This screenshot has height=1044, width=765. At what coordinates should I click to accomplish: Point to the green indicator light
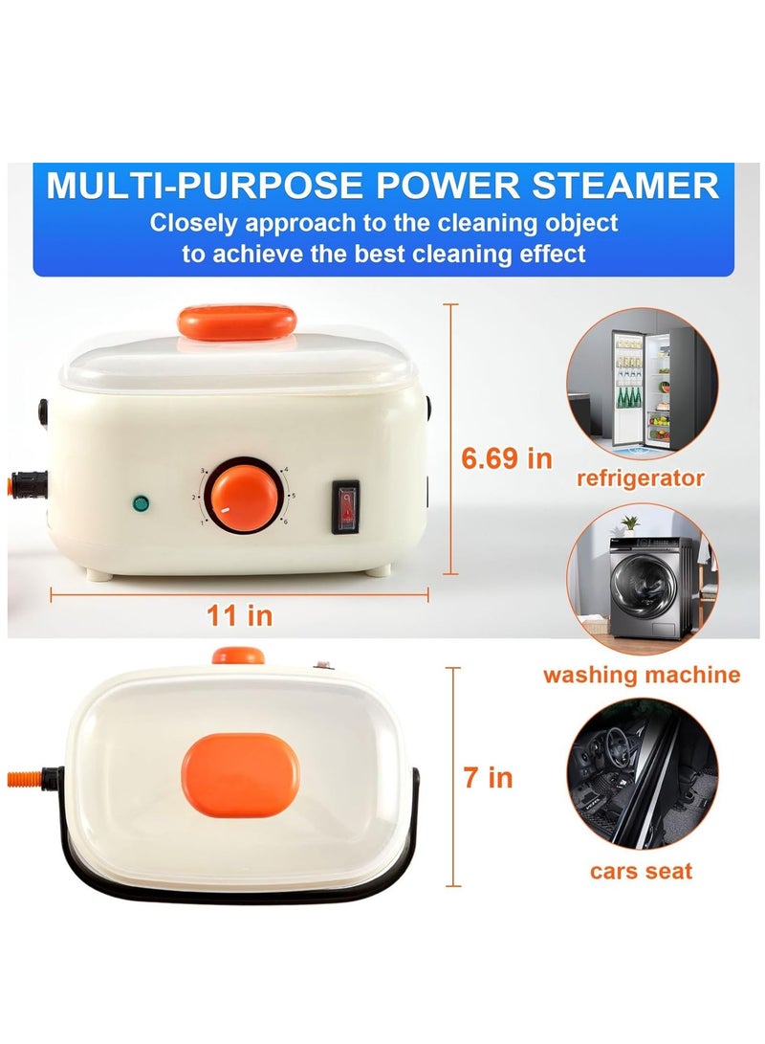[x=142, y=501]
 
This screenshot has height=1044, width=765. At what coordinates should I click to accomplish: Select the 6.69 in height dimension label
[x=507, y=457]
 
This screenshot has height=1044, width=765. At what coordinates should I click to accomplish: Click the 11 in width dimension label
[x=240, y=615]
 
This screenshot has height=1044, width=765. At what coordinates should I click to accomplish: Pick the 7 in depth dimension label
[x=488, y=777]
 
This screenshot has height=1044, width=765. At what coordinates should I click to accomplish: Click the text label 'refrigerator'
[x=641, y=478]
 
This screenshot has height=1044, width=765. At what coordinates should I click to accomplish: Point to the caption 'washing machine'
[x=642, y=675]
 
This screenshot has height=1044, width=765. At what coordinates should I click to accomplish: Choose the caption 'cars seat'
[x=641, y=870]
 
